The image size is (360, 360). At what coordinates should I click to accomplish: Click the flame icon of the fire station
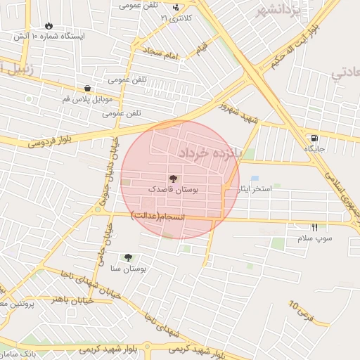point(48,25)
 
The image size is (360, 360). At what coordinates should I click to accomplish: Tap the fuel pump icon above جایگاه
point(313,138)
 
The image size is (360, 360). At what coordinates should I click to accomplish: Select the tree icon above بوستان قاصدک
point(174,179)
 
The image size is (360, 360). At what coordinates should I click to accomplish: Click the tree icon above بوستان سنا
point(128,258)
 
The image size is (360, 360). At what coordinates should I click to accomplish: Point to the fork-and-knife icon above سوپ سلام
point(314,227)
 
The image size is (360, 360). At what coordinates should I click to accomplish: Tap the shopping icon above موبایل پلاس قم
point(87,89)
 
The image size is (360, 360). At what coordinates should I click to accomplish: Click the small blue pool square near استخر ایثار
point(254,179)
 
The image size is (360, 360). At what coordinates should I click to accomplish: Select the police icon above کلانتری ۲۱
point(176,8)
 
